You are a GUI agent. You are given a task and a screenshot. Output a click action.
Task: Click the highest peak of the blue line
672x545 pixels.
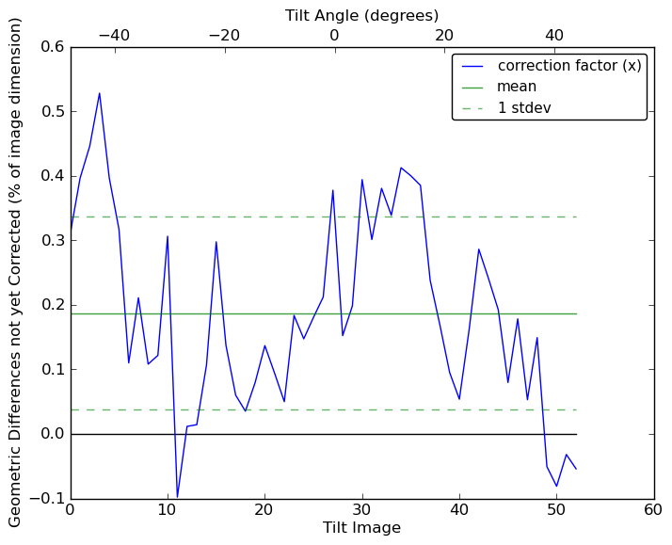tap(100, 93)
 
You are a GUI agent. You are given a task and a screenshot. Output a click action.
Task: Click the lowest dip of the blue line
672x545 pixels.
tap(177, 497)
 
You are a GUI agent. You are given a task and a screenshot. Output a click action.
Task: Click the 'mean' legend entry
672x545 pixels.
tap(517, 87)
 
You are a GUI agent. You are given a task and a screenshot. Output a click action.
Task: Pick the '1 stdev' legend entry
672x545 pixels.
tap(524, 107)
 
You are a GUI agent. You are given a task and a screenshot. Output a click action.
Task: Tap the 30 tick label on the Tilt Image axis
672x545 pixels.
tap(361, 509)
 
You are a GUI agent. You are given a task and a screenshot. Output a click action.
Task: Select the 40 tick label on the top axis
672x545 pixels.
tap(554, 35)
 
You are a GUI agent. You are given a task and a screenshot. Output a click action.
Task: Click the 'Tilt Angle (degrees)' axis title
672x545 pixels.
tap(361, 15)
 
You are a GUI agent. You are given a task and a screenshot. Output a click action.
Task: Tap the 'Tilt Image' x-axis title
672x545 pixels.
tap(361, 528)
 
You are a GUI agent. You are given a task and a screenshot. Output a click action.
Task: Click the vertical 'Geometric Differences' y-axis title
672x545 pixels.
tap(16, 272)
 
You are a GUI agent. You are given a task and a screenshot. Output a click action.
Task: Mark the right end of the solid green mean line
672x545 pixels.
tap(576, 313)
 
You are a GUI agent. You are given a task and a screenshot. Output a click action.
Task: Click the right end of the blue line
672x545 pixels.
tap(576, 469)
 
